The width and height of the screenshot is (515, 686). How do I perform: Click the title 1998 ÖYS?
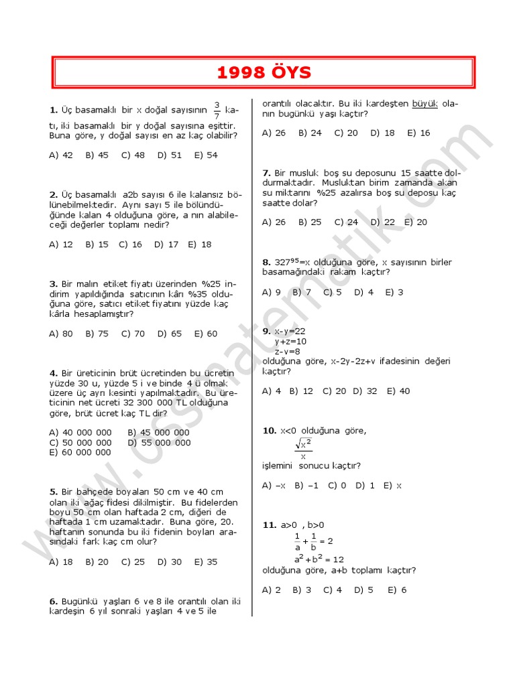[264, 73]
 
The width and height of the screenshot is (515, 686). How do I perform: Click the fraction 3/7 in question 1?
[217, 110]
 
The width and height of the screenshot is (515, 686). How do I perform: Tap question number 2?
[53, 194]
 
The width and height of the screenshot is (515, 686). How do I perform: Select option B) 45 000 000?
[158, 433]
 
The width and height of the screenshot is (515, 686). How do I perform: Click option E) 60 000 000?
[80, 452]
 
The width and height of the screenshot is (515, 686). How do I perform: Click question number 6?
[53, 602]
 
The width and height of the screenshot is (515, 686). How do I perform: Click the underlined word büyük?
[424, 104]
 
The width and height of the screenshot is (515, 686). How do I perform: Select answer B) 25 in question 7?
[310, 222]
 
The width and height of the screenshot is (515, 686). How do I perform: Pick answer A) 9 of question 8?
[272, 292]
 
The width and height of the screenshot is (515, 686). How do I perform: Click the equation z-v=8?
[288, 351]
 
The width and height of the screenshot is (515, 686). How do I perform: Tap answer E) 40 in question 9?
[398, 391]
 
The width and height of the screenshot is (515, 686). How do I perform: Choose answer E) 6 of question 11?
[398, 590]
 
